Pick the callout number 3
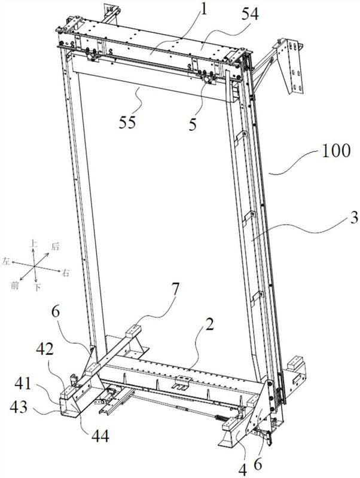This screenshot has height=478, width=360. [x=338, y=219]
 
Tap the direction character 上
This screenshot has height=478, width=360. [x=33, y=244]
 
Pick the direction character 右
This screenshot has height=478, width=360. [x=65, y=273]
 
